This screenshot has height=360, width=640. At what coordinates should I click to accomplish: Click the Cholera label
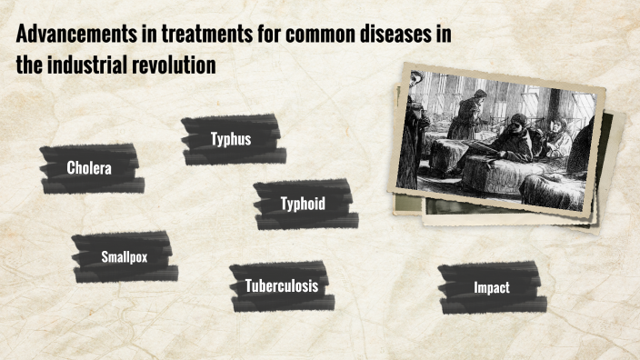point(89,168)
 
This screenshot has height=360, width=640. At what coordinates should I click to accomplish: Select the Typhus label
point(231,140)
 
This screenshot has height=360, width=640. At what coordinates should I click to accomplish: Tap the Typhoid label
point(303,204)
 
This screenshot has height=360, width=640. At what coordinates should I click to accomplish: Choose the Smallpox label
point(124,256)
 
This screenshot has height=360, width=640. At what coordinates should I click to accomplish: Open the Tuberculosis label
point(281,285)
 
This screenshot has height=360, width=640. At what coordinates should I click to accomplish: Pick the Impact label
point(491,287)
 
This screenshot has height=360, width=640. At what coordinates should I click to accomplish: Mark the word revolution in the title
point(187,65)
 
